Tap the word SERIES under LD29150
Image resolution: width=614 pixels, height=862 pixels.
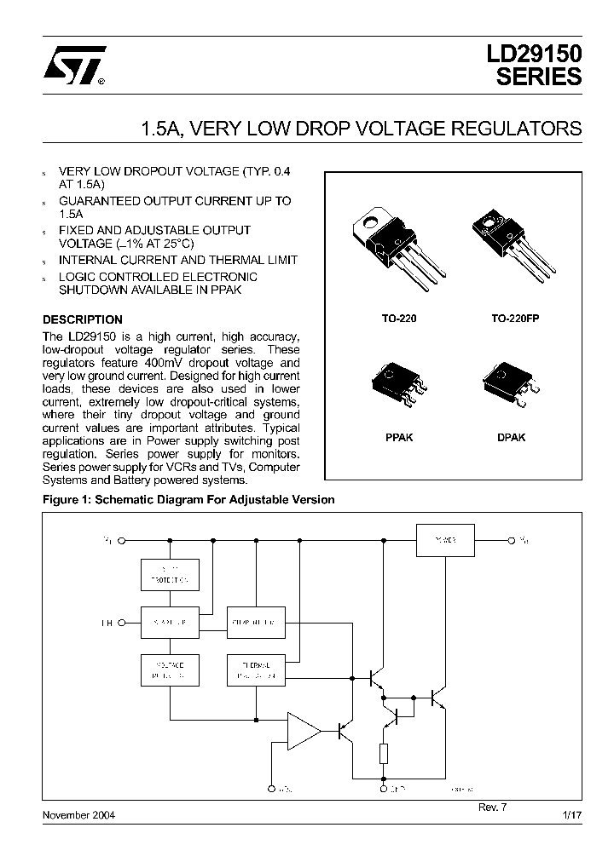[x=539, y=78]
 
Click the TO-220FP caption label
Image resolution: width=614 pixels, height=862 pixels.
[x=515, y=317]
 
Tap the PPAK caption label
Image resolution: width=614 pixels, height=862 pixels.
[x=399, y=437]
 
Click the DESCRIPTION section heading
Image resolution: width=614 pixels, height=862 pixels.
[x=83, y=320]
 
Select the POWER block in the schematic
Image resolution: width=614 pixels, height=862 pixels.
[x=444, y=540]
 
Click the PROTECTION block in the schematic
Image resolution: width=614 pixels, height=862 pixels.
[x=170, y=575]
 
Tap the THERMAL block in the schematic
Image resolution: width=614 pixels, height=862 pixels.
[x=255, y=670]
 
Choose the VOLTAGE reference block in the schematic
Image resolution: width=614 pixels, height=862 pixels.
[x=170, y=670]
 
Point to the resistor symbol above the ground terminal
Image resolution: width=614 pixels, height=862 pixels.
[x=383, y=754]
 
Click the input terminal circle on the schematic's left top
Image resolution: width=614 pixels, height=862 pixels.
[x=123, y=540]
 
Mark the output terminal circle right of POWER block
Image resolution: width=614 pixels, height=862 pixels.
[x=512, y=540]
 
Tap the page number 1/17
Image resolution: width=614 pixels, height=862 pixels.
[x=571, y=815]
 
